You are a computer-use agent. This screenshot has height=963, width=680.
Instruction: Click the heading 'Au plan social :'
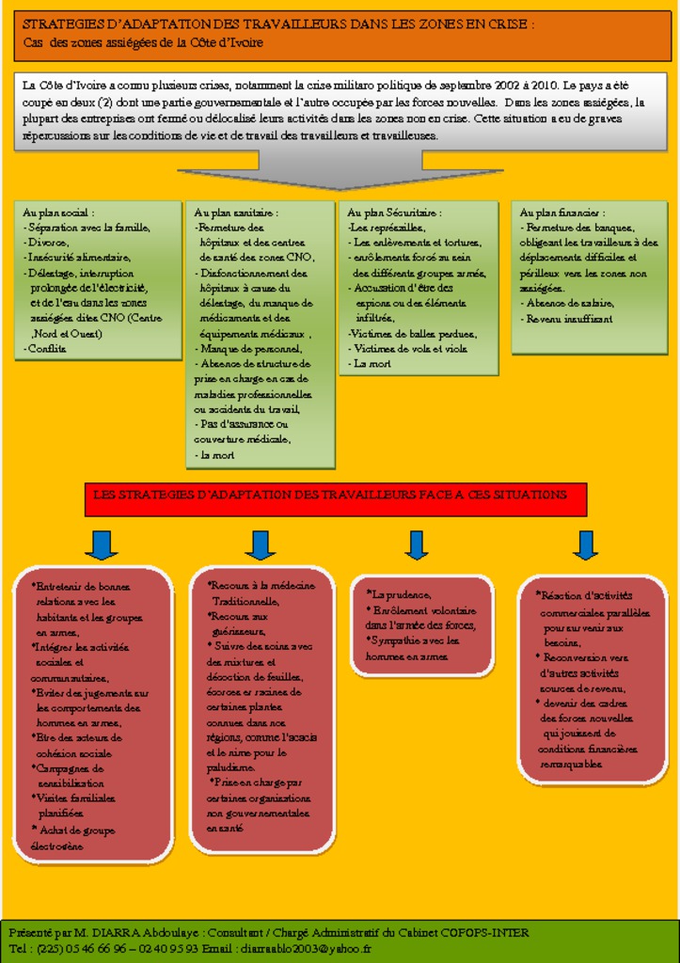(x=58, y=213)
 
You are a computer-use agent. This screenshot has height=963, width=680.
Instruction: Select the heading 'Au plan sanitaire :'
(x=236, y=213)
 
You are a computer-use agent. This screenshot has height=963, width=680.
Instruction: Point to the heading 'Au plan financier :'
(x=561, y=213)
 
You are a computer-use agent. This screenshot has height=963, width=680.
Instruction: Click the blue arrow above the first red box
(x=101, y=545)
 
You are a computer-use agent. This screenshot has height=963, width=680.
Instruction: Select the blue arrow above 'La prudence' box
(x=417, y=545)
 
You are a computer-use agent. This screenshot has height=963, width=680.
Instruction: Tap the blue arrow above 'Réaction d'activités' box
(x=585, y=545)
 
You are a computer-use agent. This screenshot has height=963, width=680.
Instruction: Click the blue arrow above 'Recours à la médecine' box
(x=260, y=545)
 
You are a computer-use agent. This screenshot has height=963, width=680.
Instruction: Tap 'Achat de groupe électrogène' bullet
(x=73, y=838)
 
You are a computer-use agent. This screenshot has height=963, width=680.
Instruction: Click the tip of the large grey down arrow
(x=340, y=189)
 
